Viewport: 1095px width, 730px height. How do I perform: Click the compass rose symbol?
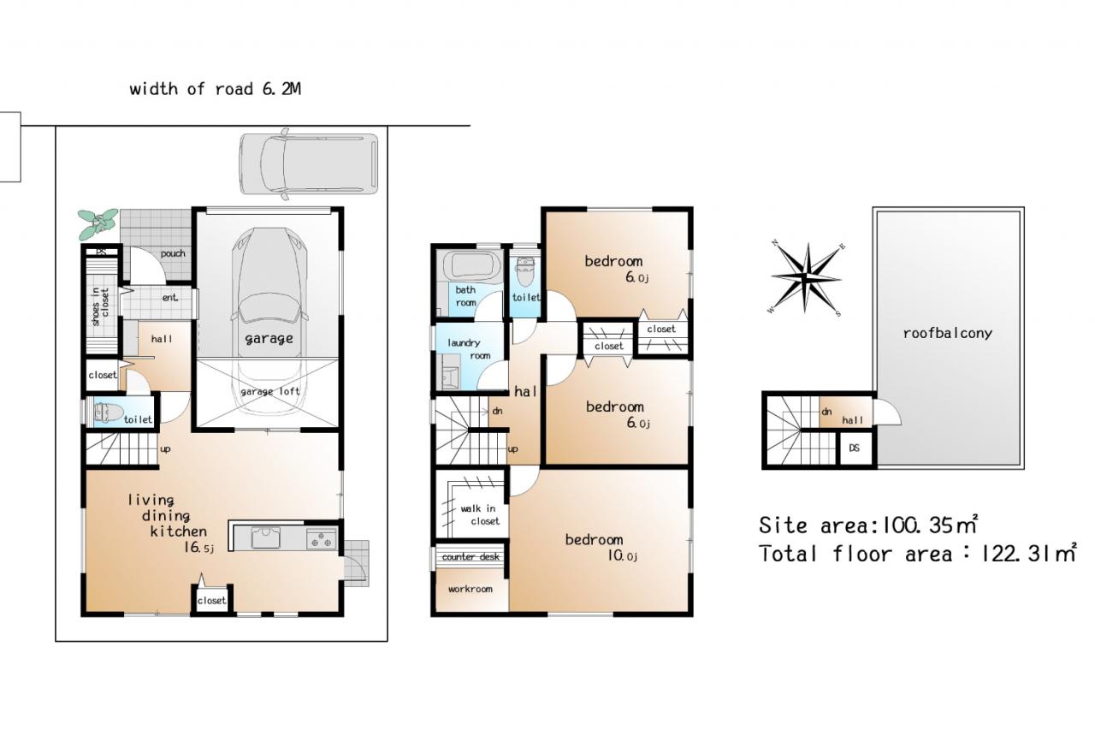(x=807, y=278)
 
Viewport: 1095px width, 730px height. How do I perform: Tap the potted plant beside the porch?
(x=98, y=224)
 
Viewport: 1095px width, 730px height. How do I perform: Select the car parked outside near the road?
(x=309, y=163)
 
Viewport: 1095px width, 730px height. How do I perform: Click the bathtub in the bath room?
(x=471, y=265)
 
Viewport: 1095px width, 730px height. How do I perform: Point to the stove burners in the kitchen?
(x=322, y=538)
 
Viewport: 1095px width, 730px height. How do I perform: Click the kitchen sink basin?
(x=265, y=537)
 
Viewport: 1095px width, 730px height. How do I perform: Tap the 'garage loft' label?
(x=269, y=391)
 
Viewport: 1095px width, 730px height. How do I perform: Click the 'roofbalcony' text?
(x=947, y=334)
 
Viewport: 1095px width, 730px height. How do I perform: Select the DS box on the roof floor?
(x=854, y=448)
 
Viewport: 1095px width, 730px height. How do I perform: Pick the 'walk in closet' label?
(x=480, y=515)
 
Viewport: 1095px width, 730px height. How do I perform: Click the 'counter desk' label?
(x=471, y=556)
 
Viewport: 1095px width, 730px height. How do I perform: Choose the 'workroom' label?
(x=471, y=589)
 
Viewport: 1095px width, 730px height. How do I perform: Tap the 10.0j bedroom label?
(x=601, y=548)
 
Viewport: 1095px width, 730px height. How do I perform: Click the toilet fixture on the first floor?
(x=109, y=412)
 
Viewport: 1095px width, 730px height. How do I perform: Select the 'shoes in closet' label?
(x=100, y=306)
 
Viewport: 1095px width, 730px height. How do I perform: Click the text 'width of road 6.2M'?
(x=215, y=89)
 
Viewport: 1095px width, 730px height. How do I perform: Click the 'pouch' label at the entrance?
(x=173, y=254)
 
